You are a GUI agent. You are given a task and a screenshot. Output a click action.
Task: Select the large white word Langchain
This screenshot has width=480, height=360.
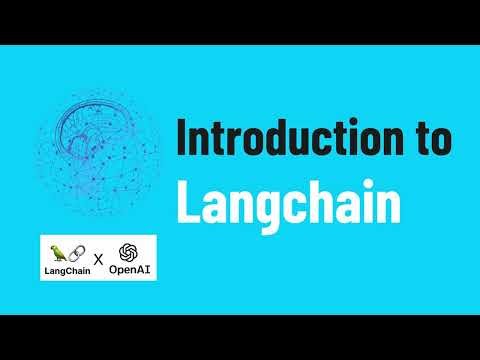pos(288,203)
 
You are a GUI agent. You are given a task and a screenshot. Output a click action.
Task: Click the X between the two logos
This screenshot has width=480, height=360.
pos(99,261)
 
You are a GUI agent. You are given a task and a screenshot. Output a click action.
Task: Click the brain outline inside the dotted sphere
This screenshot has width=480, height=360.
pos(95,140)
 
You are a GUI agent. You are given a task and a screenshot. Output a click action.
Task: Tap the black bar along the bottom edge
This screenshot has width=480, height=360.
pos(240,337)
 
